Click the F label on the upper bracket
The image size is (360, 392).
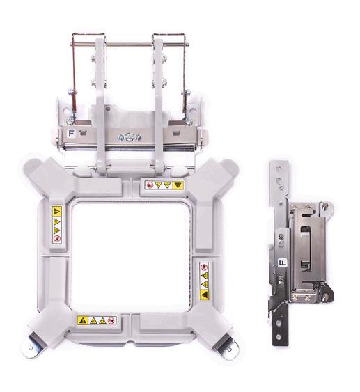point(71,133)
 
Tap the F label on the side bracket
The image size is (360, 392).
point(283,263)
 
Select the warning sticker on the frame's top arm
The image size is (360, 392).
point(164,185)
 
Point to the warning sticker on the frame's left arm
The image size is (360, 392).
point(56,224)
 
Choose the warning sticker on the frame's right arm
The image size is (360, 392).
point(204,281)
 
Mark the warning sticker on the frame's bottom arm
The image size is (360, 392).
point(97,320)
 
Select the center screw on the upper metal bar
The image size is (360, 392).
point(129,137)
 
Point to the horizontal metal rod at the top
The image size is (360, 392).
point(130,45)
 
